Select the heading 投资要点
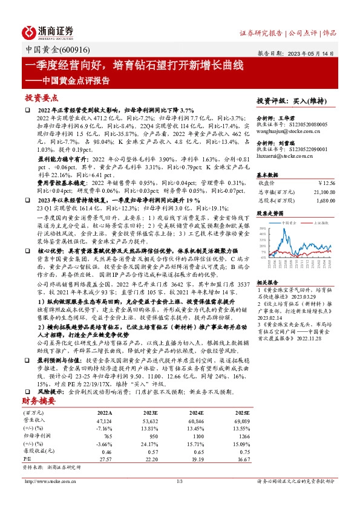pyautogui.click(x=42, y=97)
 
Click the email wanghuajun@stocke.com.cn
pyautogui.click(x=283, y=129)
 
